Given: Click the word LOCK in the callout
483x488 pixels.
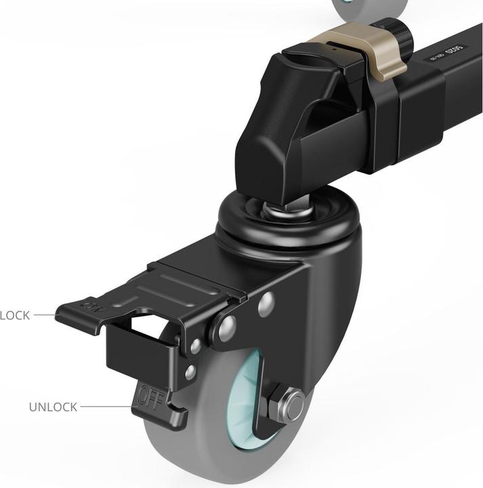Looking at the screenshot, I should (x=15, y=315).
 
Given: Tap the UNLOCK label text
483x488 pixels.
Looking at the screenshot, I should (x=53, y=407).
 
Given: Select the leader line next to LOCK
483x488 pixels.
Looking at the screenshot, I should (x=45, y=315).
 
